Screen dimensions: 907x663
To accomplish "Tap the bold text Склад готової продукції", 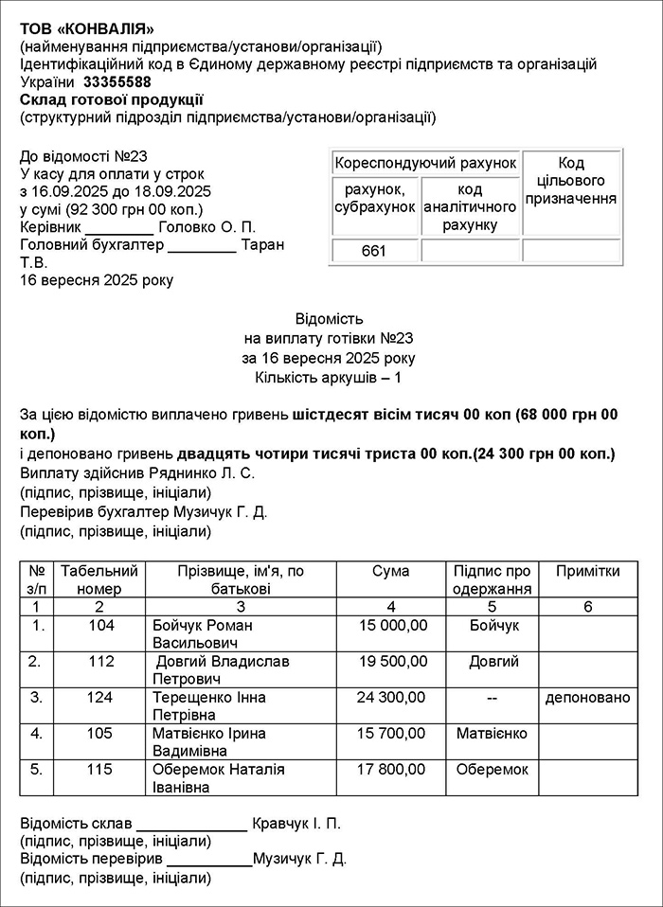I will (x=111, y=99).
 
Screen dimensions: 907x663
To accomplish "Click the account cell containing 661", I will (x=375, y=252).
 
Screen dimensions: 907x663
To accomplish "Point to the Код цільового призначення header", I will (x=571, y=181).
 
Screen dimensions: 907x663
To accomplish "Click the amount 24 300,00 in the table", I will (x=391, y=698).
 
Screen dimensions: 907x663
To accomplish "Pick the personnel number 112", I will (x=100, y=662).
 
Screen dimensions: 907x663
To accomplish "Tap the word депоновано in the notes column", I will (x=587, y=698).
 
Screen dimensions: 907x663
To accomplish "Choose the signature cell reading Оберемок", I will (x=492, y=770).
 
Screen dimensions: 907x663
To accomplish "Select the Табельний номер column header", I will (x=99, y=580).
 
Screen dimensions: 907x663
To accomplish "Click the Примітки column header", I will (x=587, y=572).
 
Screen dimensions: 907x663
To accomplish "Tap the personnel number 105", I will (x=100, y=734).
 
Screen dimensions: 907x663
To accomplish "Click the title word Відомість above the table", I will (x=329, y=319).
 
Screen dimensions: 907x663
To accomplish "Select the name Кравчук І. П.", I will (x=296, y=824).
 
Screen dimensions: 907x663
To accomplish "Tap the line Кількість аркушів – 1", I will (x=329, y=379).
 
